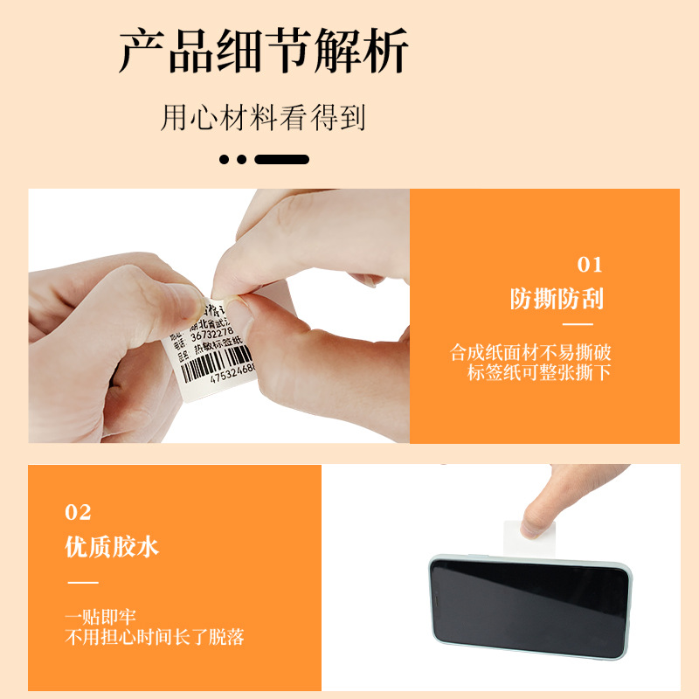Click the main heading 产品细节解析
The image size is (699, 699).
[x=264, y=52]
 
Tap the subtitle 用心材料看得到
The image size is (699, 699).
[x=263, y=117]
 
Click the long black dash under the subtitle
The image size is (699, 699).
[x=281, y=160]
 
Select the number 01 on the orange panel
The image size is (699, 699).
[x=590, y=266]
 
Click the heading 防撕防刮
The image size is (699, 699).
[x=557, y=300]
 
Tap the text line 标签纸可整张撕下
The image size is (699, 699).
[x=539, y=374]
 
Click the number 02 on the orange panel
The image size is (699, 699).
[x=79, y=513]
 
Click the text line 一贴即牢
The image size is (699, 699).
[x=100, y=617]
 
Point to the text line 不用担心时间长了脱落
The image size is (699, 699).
[x=155, y=637]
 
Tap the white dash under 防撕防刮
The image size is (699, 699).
[x=576, y=324]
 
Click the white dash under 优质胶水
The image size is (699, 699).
[x=83, y=581]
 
